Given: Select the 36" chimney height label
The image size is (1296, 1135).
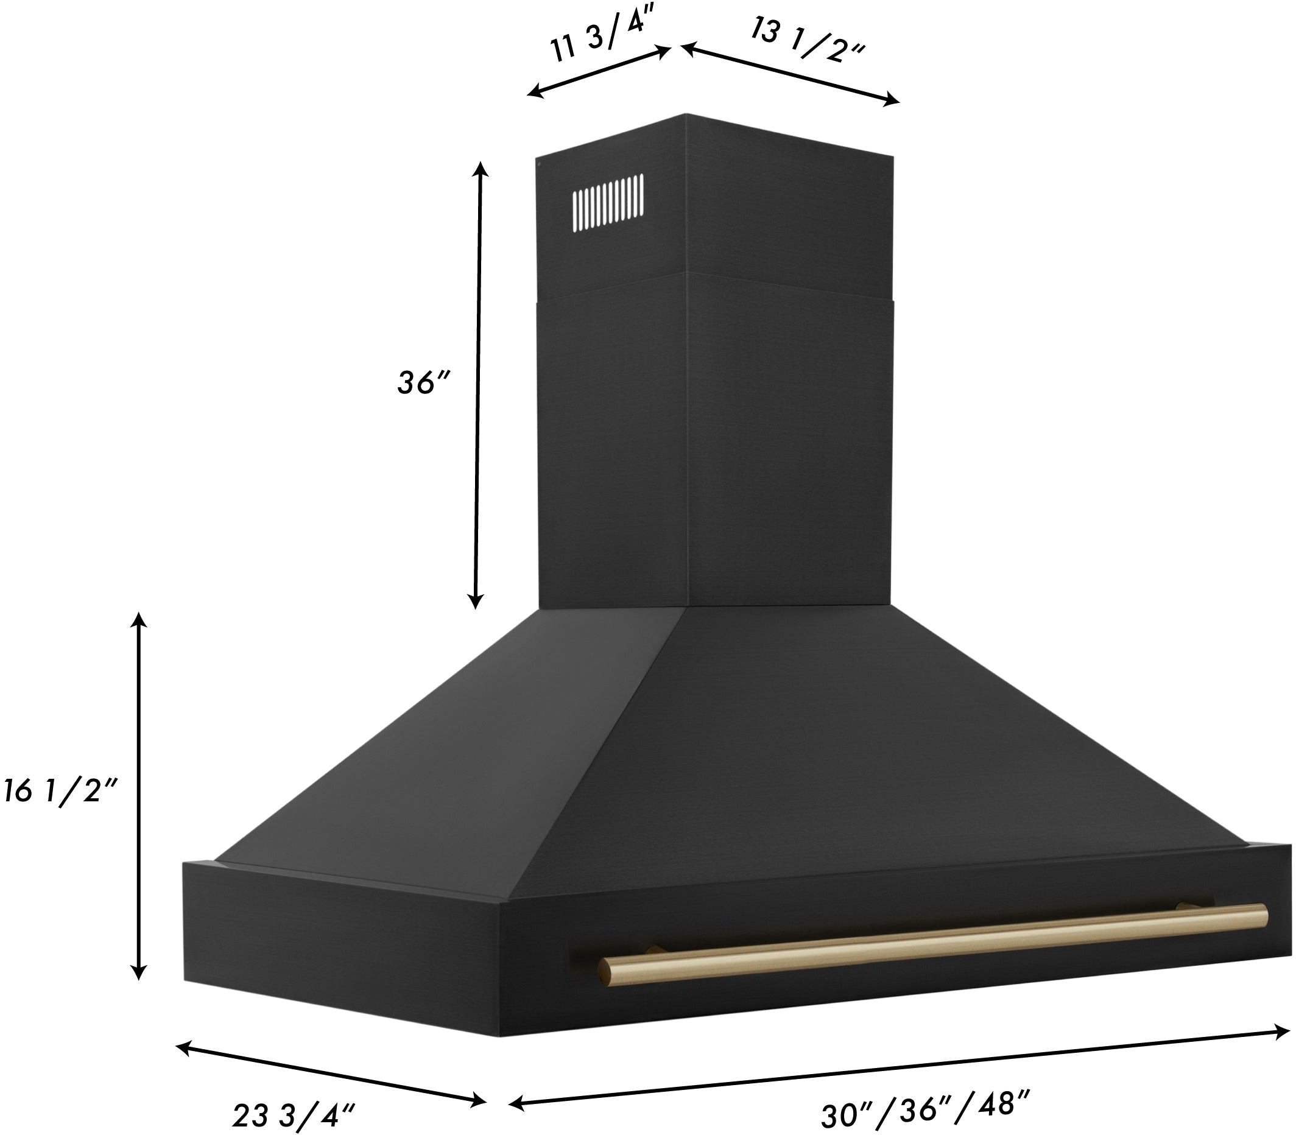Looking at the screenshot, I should pos(423,383).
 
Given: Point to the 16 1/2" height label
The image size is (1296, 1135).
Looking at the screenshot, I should pos(60,792).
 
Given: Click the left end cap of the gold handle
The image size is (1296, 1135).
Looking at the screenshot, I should pos(606,973).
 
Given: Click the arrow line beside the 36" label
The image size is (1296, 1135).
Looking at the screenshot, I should pos(478,385).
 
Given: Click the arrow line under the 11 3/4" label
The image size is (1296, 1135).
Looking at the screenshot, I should pos(599,71).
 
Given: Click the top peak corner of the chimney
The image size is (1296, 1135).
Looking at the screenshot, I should pos(686,114).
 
